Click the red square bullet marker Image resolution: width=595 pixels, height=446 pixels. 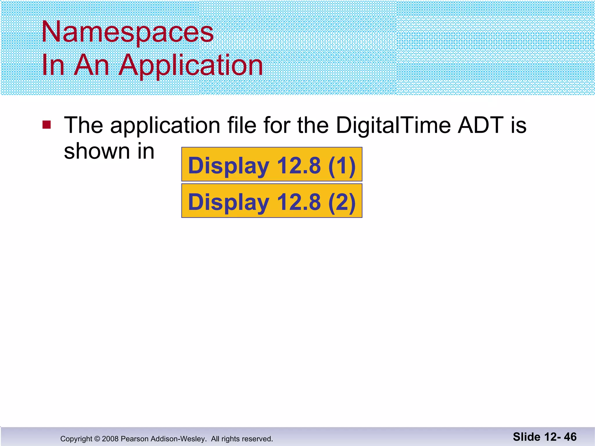[46, 125]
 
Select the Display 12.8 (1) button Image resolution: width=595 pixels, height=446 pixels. [272, 164]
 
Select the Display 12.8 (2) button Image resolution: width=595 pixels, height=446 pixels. [272, 201]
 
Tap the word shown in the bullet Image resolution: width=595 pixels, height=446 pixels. [97, 151]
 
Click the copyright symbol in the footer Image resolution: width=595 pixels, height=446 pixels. [97, 439]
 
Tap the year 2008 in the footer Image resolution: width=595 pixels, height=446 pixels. [110, 439]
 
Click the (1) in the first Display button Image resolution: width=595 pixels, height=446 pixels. [342, 166]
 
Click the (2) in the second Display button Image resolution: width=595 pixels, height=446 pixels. [342, 202]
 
